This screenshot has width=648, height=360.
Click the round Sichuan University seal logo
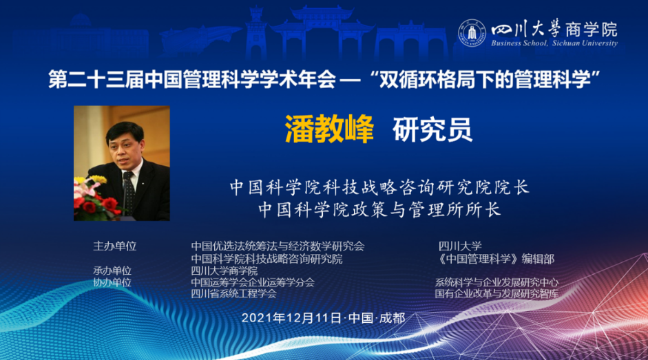pos(472,33)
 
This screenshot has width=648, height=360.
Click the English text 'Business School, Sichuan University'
pos(554,43)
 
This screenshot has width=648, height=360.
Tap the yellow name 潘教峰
pos(329,129)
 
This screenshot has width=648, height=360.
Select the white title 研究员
pos(432,129)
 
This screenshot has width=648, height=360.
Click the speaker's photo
pos(122,163)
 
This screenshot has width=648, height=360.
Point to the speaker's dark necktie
pos(129,192)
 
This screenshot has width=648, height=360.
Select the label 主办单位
pos(114,246)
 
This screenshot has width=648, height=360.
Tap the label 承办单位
pos(112,271)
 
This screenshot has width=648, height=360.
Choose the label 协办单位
pos(112,282)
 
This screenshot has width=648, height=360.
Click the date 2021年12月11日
pos(291,318)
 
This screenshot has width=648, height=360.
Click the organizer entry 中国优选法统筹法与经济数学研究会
pos(278,246)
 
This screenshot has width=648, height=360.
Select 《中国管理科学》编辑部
pos(497,259)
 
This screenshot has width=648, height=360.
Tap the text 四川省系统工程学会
pos(233,294)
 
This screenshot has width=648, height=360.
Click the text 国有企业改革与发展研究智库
pos(497,294)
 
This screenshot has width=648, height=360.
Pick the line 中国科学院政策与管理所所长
pos(380,209)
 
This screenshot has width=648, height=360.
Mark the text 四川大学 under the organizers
pos(460,246)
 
